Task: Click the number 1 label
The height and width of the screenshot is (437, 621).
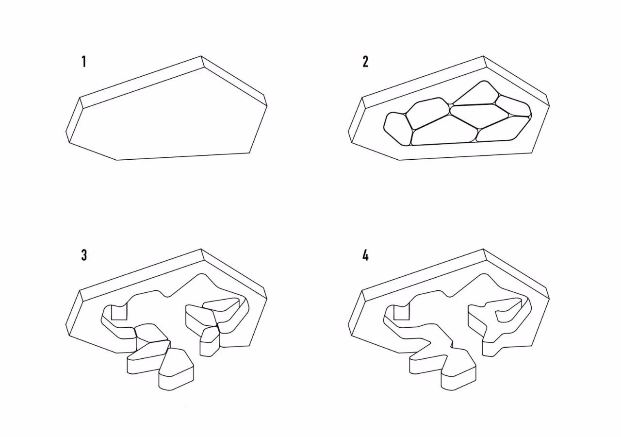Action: [x=84, y=62]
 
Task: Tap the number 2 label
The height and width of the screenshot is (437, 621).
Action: [x=366, y=62]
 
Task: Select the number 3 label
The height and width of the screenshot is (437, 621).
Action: [x=84, y=255]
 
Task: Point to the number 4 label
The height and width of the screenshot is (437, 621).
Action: [x=366, y=255]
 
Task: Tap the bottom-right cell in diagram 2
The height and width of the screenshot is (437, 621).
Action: [x=503, y=129]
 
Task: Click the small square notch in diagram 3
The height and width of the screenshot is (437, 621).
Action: [x=119, y=312]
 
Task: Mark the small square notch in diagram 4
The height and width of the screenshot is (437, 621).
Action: [x=401, y=312]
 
